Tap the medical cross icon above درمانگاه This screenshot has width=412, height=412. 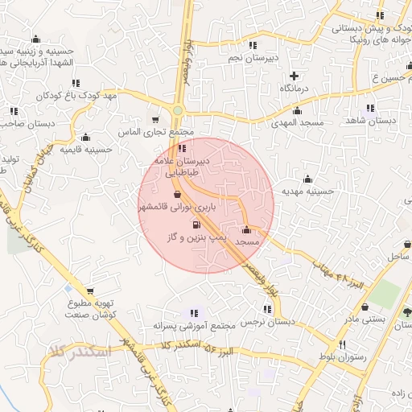pyautogui.click(x=295, y=75)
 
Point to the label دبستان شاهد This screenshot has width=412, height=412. pyautogui.click(x=371, y=121)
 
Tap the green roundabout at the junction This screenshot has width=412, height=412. pyautogui.click(x=178, y=111)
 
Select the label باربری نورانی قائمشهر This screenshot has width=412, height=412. pyautogui.click(x=177, y=207)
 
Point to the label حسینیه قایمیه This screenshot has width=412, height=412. pyautogui.click(x=87, y=150)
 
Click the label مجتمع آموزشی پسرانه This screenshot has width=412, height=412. pyautogui.click(x=193, y=326)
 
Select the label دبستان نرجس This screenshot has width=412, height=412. pyautogui.click(x=269, y=322)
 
